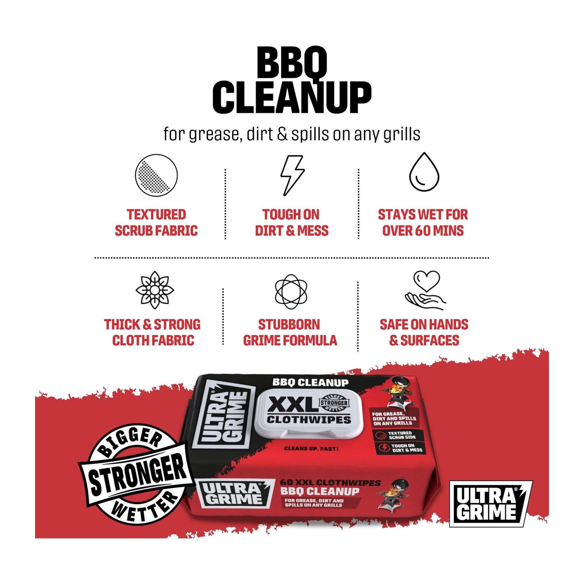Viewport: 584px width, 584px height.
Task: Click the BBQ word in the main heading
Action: (292, 62)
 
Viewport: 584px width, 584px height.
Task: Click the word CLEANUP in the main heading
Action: (292, 97)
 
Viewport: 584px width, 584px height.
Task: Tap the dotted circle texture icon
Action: (156, 175)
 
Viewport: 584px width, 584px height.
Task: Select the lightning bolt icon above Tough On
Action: (292, 175)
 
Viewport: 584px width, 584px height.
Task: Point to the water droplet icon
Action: (424, 172)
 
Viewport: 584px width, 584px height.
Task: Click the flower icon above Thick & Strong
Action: (155, 290)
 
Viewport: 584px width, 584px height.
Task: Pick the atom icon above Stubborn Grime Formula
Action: (291, 292)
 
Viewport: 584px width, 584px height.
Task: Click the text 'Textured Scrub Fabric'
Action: (156, 223)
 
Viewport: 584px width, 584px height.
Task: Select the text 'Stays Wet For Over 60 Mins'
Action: (423, 223)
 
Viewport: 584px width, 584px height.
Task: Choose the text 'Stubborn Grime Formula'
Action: (290, 333)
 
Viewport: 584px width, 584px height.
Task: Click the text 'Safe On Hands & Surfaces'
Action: (424, 333)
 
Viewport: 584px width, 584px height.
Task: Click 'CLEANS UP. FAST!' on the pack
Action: (311, 449)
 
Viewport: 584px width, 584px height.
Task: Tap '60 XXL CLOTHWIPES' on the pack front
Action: (330, 483)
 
